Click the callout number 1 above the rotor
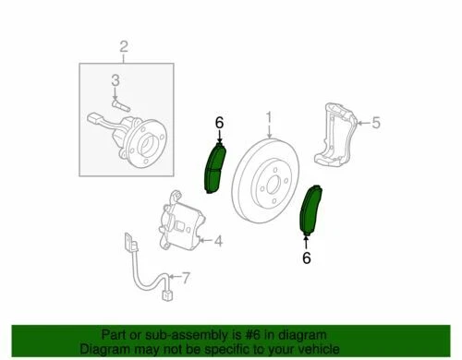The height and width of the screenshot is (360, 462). point(270,118)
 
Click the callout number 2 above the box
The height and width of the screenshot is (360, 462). point(125,47)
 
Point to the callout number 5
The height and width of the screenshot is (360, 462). point(375,121)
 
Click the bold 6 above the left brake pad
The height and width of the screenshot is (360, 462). point(219,122)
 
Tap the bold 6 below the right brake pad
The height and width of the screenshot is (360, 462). point(306,258)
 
